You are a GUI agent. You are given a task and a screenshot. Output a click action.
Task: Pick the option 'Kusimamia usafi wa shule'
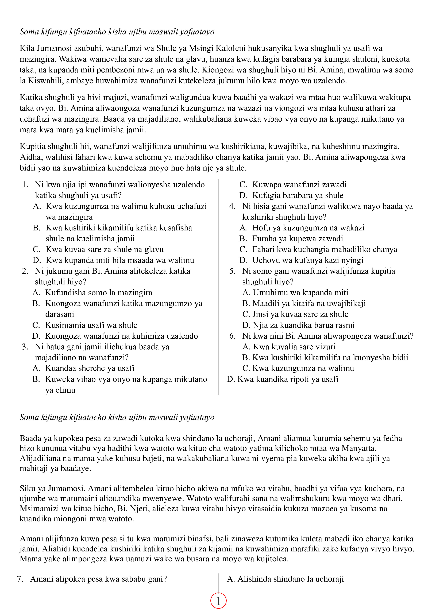(x=91, y=325)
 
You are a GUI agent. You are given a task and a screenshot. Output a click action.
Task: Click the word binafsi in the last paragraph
(x=199, y=539)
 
